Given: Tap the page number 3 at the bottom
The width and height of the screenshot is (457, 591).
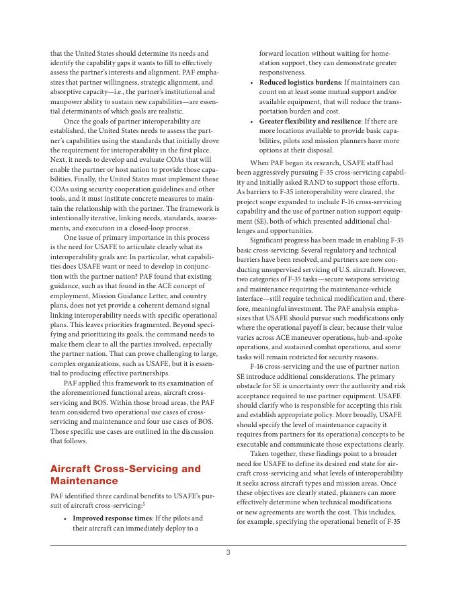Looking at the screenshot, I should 228,552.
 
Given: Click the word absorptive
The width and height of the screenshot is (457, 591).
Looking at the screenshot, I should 67,91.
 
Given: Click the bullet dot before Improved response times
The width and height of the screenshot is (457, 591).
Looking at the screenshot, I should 65,518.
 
